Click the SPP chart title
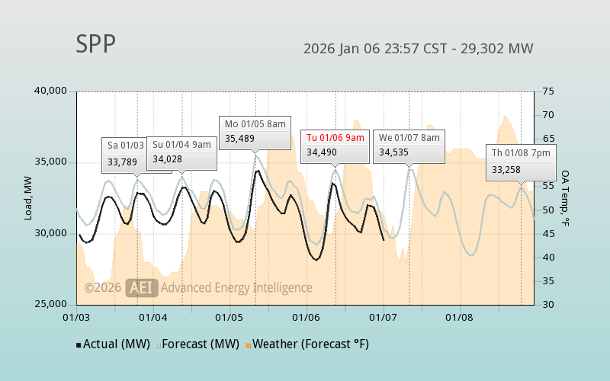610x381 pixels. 96,45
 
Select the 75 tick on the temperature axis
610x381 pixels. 548,91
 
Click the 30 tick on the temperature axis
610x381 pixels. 548,304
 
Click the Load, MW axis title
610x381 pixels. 28,198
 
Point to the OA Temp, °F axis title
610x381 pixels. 566,198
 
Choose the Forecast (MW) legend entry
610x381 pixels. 198,344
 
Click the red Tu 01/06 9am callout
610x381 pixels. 335,145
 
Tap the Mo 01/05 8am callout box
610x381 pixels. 255,130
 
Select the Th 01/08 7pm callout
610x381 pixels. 521,161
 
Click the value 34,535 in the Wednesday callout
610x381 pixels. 395,152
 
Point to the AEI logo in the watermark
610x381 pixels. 143,287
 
